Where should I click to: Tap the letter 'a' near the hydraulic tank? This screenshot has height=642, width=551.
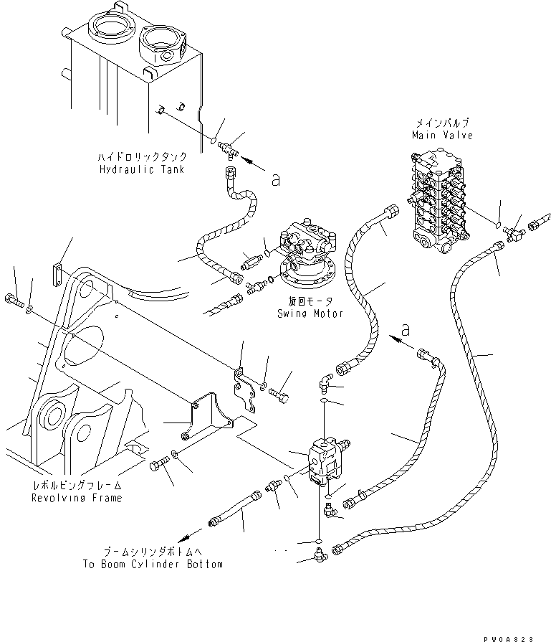(x=275, y=181)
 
